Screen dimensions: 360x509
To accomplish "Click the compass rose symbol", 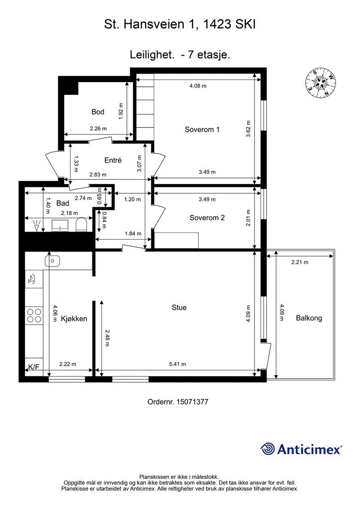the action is click(320, 83).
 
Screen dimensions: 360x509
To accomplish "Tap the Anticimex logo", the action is click(301, 449).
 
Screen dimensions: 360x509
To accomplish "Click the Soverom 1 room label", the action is click(202, 129).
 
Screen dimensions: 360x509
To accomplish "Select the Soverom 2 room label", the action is click(207, 218).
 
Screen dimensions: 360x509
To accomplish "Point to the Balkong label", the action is click(309, 318).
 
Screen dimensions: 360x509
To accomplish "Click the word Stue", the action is click(179, 307).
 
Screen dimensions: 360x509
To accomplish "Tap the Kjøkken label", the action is click(74, 319).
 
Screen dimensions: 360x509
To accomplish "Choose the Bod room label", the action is click(98, 112).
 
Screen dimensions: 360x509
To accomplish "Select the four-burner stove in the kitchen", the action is click(34, 315).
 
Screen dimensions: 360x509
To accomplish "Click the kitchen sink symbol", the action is click(52, 260).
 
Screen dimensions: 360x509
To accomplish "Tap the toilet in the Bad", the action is click(81, 224).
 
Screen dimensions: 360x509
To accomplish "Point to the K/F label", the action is click(33, 367).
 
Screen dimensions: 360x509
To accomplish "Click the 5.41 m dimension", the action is click(178, 364).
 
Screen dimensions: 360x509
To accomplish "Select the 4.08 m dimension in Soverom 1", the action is click(198, 85).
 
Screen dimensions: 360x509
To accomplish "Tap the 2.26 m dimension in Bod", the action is click(98, 128).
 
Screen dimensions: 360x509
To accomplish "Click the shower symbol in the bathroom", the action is click(37, 225).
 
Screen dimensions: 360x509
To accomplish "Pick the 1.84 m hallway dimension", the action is click(133, 234).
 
